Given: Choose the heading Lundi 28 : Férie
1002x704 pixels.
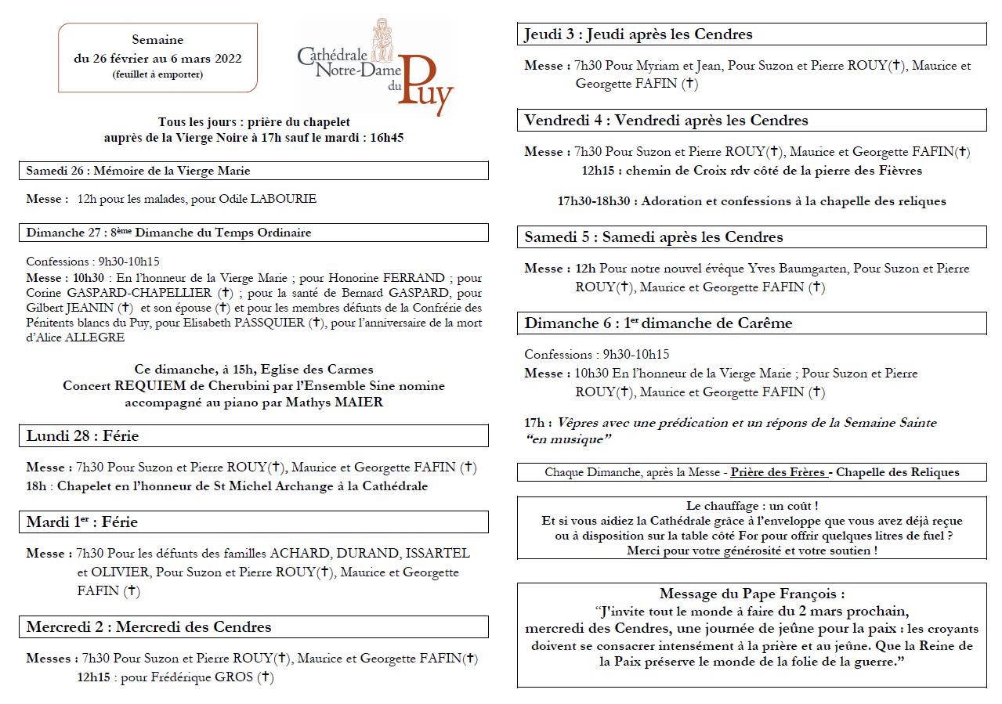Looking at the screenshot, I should [x=82, y=436].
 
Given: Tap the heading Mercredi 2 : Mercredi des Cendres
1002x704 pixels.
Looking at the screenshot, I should [x=149, y=627].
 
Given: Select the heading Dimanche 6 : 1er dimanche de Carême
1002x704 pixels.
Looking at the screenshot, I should [x=658, y=323].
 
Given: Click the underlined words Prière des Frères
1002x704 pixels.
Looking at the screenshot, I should [x=778, y=472].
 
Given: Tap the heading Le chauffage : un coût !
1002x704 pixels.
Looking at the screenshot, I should [x=752, y=506].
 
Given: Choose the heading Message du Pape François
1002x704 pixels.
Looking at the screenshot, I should [x=752, y=594].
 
